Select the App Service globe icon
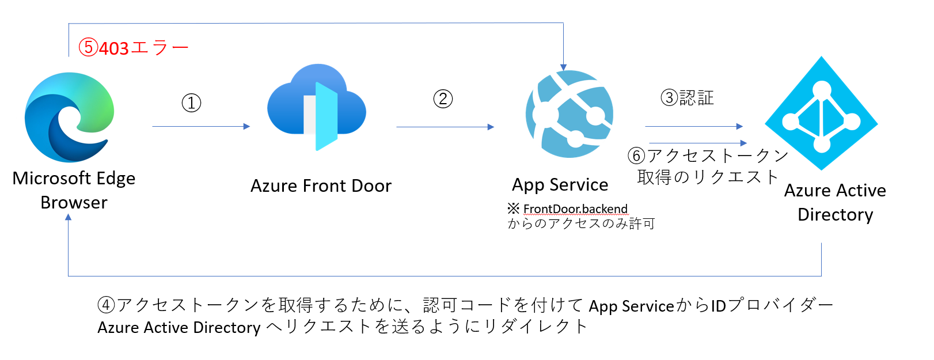(569, 114)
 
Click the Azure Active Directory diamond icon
(821, 113)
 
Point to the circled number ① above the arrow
(191, 103)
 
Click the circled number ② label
(443, 98)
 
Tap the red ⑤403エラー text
(134, 48)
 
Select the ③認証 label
(687, 98)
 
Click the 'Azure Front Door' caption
(321, 186)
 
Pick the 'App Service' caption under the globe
(560, 185)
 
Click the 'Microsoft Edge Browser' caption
(74, 190)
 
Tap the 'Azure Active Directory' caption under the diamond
(835, 202)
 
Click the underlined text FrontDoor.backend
(575, 209)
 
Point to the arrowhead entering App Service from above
(563, 67)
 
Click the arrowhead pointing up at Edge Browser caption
(69, 218)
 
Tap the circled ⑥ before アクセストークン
(636, 156)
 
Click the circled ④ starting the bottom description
(106, 305)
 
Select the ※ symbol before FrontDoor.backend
(513, 208)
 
